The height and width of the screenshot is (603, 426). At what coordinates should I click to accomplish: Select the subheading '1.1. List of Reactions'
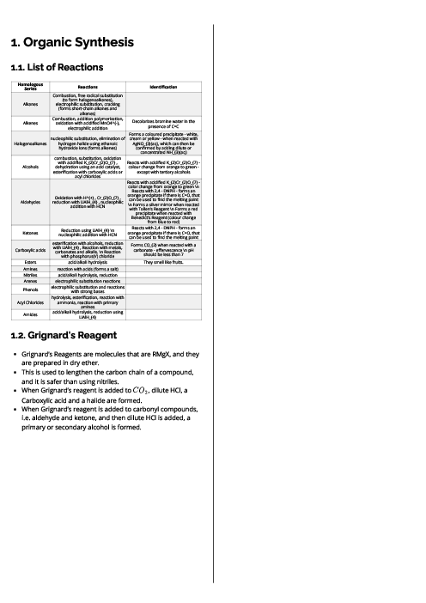[x=57, y=67]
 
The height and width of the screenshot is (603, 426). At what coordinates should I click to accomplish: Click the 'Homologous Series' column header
[x=31, y=88]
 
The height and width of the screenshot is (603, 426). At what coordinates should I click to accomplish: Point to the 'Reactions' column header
[x=88, y=88]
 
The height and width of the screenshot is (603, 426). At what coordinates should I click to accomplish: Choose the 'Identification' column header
[x=163, y=88]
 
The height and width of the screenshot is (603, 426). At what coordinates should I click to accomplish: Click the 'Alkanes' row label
[x=31, y=104]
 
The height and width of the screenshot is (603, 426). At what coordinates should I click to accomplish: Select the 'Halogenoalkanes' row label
[x=31, y=143]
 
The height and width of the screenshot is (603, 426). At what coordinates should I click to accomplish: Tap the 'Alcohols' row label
[x=31, y=167]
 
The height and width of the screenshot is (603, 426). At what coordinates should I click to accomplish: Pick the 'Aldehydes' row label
[x=31, y=203]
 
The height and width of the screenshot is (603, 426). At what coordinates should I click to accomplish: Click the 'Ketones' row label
[x=31, y=232]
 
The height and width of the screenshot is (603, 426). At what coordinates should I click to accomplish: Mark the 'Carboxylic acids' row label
[x=31, y=249]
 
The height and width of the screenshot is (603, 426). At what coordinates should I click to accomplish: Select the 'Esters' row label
[x=31, y=262]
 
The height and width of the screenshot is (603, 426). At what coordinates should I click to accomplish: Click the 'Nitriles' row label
[x=31, y=274]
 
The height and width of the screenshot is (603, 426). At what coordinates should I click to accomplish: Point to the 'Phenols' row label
[x=31, y=289]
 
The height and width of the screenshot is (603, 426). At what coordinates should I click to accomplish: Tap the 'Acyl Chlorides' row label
[x=31, y=301]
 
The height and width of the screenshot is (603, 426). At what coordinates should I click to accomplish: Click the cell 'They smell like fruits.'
[x=163, y=262]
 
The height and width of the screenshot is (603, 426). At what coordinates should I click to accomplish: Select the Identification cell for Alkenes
[x=163, y=124]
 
